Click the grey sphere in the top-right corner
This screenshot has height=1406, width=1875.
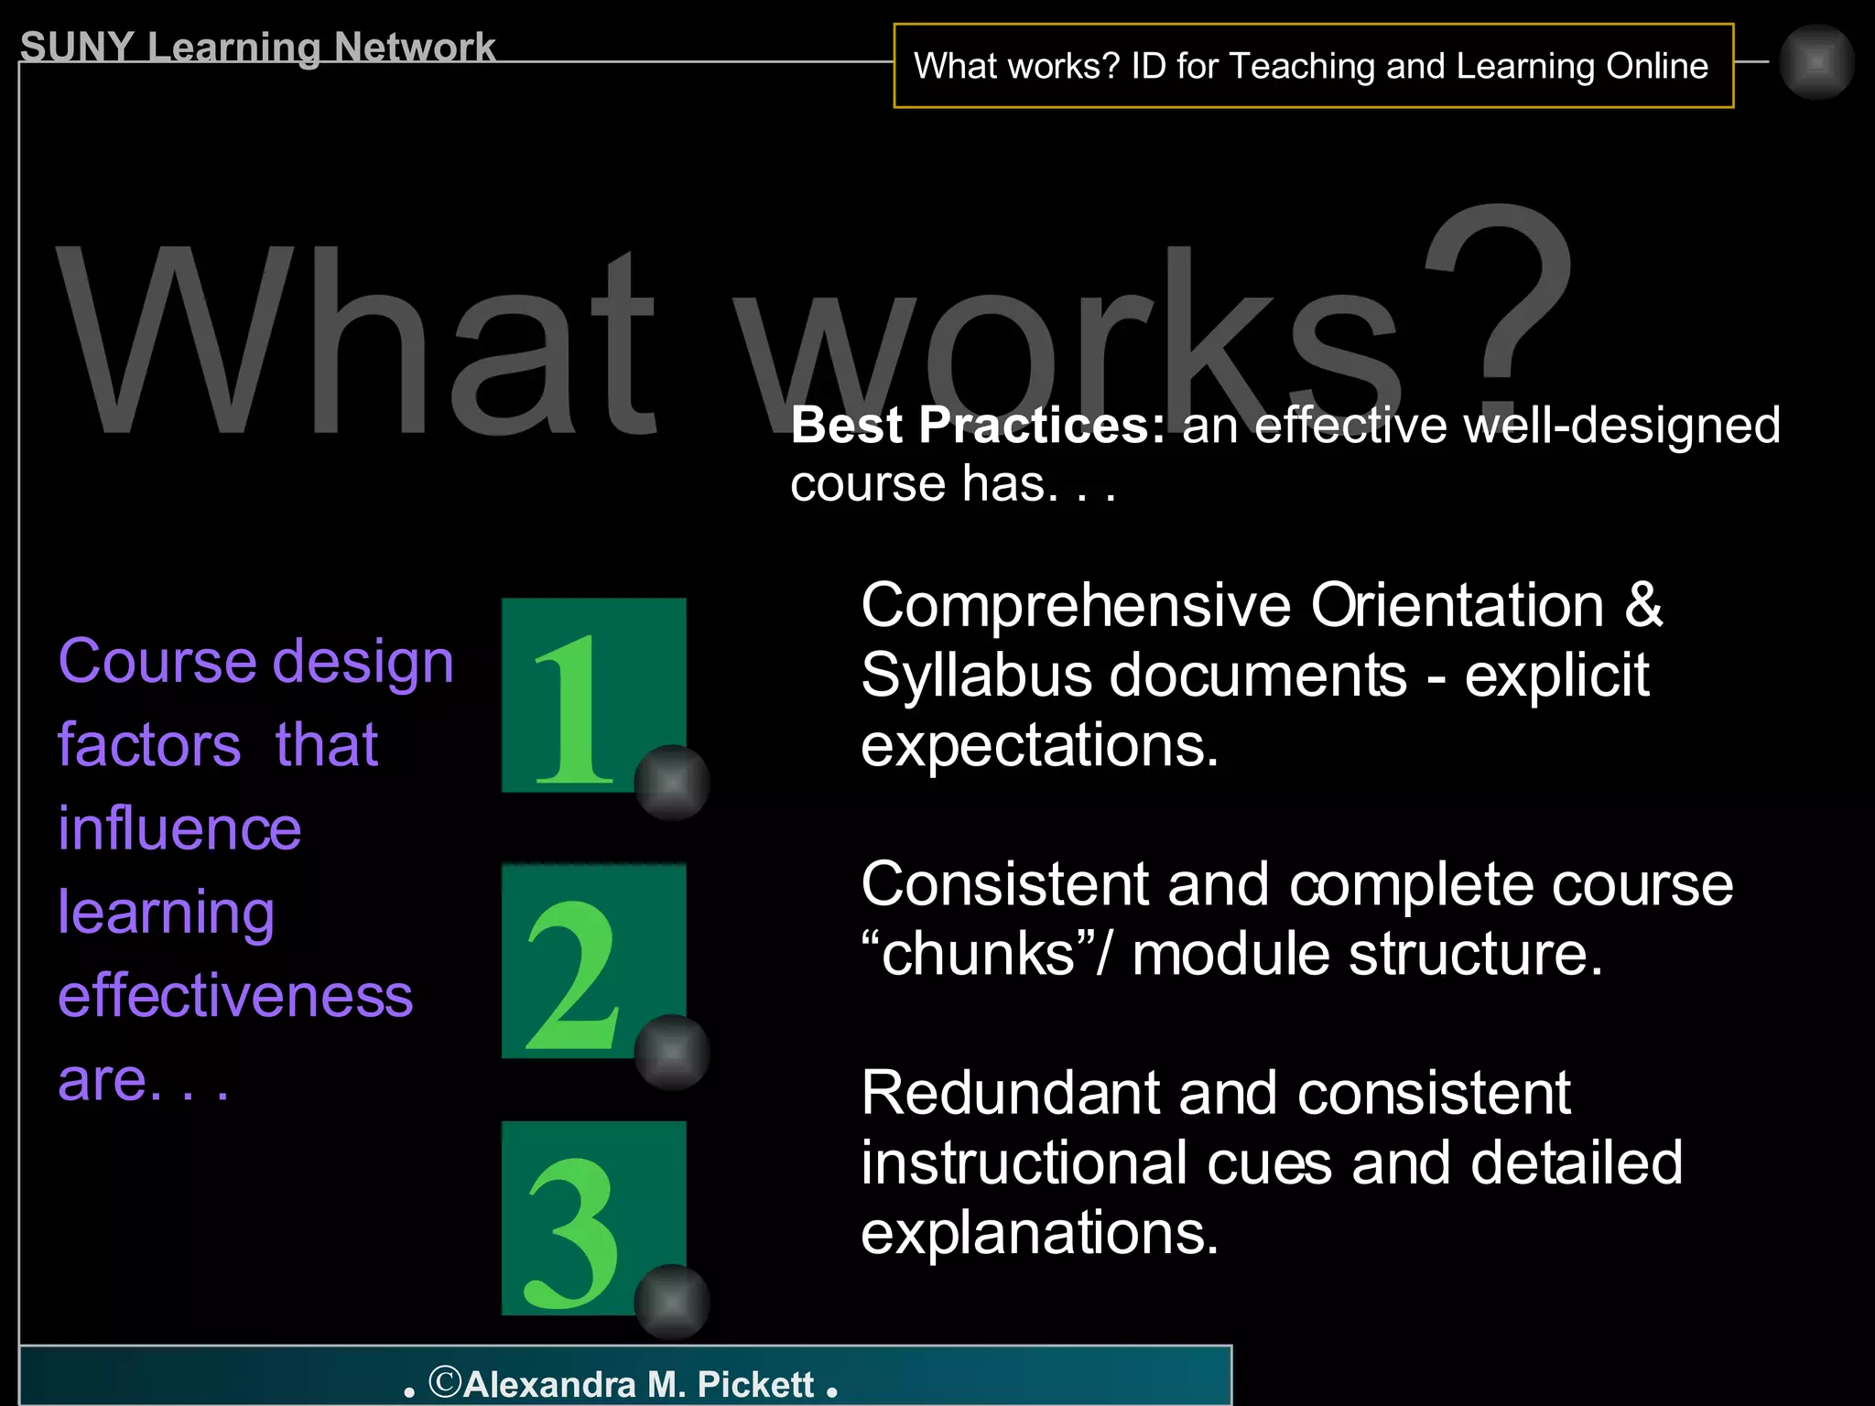(x=1816, y=62)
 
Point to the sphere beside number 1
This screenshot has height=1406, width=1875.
(x=672, y=783)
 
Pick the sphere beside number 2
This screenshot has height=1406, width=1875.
(x=672, y=1052)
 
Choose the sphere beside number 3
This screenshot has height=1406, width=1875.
(x=672, y=1302)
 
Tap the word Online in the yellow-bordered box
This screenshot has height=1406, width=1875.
(x=1657, y=66)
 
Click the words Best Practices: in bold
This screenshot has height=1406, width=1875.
(x=978, y=425)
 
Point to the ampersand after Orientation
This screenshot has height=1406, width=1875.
(x=1643, y=606)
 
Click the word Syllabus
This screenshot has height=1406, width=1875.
(x=976, y=677)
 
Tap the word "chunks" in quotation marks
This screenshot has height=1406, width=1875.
(x=976, y=954)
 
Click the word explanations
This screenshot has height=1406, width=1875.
(x=1039, y=1232)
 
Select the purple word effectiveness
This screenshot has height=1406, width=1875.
(x=235, y=995)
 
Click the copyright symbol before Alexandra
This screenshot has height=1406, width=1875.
(x=445, y=1381)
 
